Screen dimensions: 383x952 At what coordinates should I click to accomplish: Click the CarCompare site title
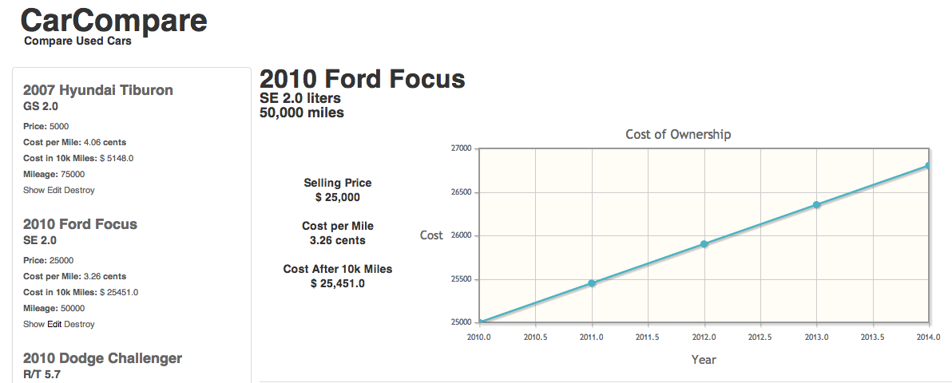pyautogui.click(x=114, y=21)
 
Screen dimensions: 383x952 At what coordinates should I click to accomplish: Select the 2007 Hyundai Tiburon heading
pyautogui.click(x=98, y=90)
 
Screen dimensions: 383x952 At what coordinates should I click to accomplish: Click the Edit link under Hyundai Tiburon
pyautogui.click(x=54, y=190)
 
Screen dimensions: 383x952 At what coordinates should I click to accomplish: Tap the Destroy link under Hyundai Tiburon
pyautogui.click(x=79, y=190)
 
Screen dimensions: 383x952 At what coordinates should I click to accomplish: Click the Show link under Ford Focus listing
pyautogui.click(x=34, y=324)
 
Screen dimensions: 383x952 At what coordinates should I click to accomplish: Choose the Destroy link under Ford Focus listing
pyautogui.click(x=79, y=324)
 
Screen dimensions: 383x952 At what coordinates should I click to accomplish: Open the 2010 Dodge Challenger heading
pyautogui.click(x=102, y=358)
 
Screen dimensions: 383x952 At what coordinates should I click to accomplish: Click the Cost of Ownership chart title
pyautogui.click(x=678, y=134)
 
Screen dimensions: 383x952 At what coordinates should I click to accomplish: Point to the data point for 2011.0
pyautogui.click(x=592, y=283)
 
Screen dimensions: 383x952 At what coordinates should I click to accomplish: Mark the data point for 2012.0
pyautogui.click(x=704, y=244)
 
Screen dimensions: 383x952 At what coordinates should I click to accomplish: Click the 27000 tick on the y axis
pyautogui.click(x=462, y=148)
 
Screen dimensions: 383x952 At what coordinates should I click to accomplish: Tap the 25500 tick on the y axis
pyautogui.click(x=462, y=279)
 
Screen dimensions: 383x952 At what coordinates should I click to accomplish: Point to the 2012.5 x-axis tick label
pyautogui.click(x=760, y=337)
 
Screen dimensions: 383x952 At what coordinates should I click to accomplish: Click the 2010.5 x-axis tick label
pyautogui.click(x=535, y=337)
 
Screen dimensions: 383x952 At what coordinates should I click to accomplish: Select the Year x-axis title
pyautogui.click(x=704, y=360)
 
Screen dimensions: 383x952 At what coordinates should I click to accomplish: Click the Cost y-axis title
pyautogui.click(x=431, y=235)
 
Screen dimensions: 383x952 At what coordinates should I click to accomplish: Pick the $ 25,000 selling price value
pyautogui.click(x=338, y=197)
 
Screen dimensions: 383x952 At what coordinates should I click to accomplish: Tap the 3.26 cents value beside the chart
pyautogui.click(x=338, y=240)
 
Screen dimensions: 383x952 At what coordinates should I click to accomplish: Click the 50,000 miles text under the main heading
pyautogui.click(x=302, y=113)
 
